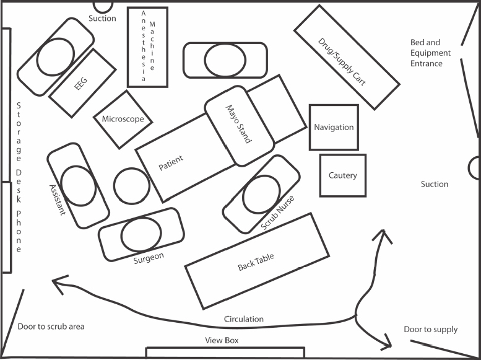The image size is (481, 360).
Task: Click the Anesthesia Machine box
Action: [x=147, y=47]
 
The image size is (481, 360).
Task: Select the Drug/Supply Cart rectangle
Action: [x=346, y=57]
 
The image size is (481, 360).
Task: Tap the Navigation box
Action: [x=334, y=127]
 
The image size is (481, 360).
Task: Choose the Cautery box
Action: [x=342, y=175]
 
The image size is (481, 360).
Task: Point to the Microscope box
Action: [x=123, y=119]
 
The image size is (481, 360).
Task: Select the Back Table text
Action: [x=256, y=263]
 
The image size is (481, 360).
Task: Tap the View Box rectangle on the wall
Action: [x=225, y=352]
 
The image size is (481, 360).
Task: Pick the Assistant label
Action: [x=56, y=200]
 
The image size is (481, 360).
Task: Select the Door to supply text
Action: [x=430, y=329]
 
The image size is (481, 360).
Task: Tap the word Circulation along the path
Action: [x=243, y=319]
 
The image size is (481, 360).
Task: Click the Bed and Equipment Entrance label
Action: [x=430, y=53]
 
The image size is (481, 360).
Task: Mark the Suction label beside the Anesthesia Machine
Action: [x=102, y=19]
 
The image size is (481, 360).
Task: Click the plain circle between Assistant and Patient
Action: [x=131, y=185]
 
